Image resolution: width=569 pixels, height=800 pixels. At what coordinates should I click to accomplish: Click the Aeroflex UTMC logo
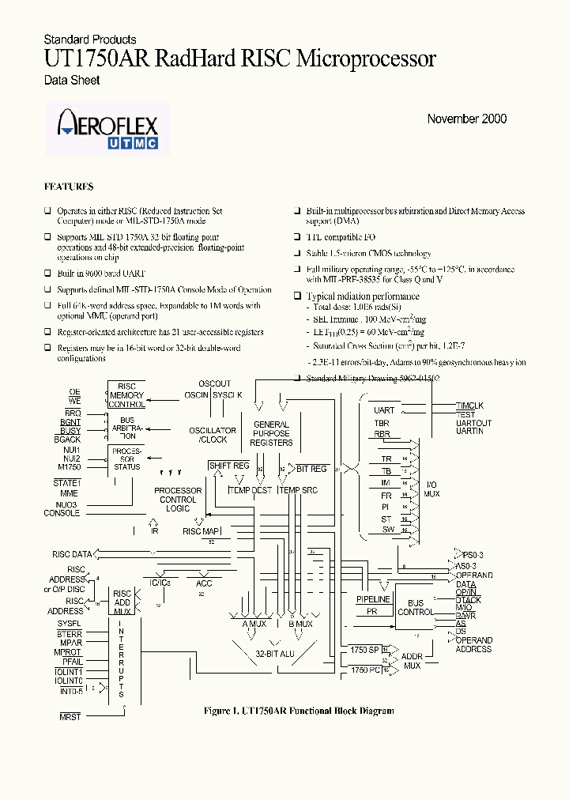(107, 128)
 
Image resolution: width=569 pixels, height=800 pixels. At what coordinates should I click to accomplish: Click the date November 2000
(466, 119)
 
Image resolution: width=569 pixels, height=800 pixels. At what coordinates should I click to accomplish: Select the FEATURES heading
(69, 187)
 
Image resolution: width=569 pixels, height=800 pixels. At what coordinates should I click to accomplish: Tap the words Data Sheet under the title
(71, 80)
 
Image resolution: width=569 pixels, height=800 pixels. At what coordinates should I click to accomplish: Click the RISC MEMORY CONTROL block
(126, 395)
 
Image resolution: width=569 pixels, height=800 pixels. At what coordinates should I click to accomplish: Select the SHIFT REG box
(229, 466)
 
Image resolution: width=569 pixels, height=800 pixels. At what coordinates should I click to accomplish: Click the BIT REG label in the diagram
(311, 469)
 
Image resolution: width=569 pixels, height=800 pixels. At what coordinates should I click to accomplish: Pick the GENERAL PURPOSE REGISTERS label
(271, 433)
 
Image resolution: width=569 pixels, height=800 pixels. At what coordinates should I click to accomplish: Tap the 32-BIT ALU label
(276, 654)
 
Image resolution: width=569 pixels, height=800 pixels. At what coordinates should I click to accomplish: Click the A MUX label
(254, 624)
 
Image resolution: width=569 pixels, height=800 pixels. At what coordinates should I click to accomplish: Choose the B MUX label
(300, 624)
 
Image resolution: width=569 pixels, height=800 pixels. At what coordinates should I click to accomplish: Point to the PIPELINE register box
(373, 600)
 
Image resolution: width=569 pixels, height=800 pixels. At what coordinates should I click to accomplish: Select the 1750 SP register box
(365, 649)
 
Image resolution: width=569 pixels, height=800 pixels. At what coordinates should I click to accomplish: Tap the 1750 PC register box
(365, 669)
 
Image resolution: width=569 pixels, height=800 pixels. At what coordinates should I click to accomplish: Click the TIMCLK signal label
(470, 406)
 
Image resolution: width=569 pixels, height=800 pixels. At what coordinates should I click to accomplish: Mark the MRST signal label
(70, 715)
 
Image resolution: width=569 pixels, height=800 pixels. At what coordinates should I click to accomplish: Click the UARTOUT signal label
(473, 423)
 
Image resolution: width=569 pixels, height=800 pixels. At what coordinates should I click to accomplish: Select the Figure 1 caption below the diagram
(299, 711)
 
